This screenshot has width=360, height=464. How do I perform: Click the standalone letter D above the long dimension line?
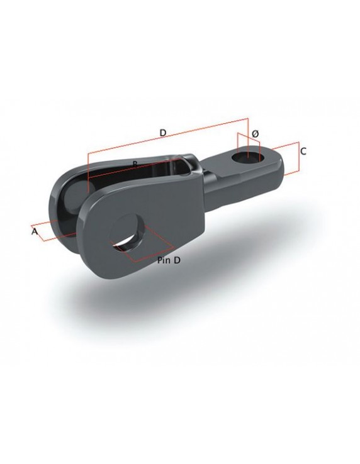162,133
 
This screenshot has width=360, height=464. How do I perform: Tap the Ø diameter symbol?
254,135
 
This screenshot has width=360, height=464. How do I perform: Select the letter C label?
303,152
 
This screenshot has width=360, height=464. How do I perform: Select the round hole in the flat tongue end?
247,154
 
